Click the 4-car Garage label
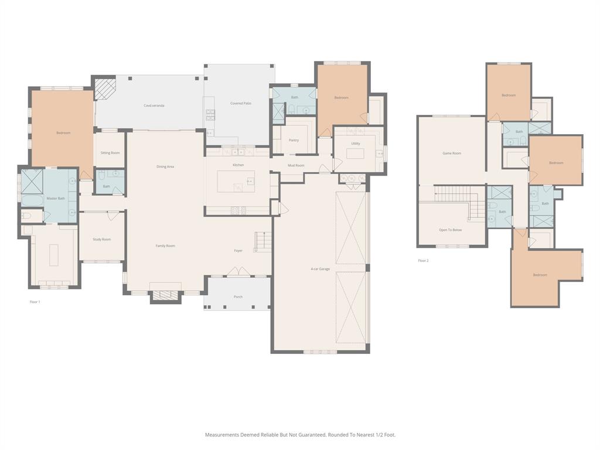321,269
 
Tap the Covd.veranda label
154,105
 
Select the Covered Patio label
240,104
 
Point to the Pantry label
294,140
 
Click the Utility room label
356,144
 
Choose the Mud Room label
296,166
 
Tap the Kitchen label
238,165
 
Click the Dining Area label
165,167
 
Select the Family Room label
165,246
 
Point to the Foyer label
238,251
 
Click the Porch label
238,297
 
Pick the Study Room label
101,240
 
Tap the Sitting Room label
110,153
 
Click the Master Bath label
56,199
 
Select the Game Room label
451,154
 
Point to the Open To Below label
450,230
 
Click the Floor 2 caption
423,261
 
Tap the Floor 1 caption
35,302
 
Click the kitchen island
236,181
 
